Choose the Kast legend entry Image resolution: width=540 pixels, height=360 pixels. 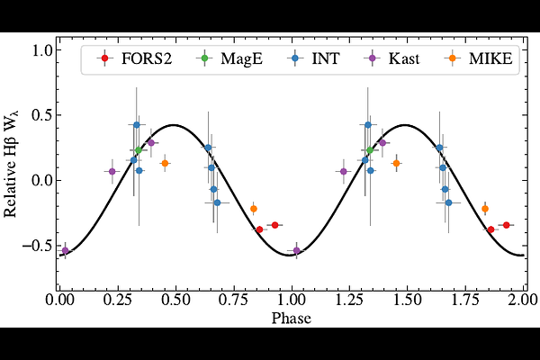[x=403, y=60]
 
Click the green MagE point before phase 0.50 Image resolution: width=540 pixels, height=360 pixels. [x=139, y=150]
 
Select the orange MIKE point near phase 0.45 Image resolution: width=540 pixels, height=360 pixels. [x=165, y=163]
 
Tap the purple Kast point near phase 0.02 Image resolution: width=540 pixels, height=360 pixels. [x=65, y=250]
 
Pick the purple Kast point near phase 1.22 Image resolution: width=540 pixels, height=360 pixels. [x=343, y=171]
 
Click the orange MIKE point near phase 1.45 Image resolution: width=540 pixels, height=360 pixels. [x=396, y=163]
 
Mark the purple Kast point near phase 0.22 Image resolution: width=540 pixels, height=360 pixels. [x=112, y=171]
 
